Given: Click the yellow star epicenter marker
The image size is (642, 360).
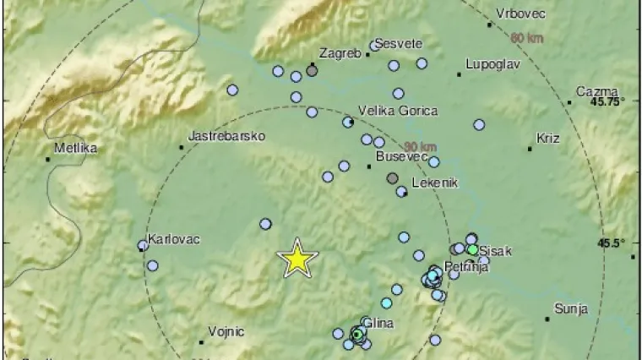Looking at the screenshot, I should (x=297, y=259).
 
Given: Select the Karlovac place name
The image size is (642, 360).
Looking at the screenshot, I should (x=173, y=239).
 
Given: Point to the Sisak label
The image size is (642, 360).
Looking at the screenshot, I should (x=495, y=250).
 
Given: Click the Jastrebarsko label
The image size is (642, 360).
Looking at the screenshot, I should (x=226, y=135).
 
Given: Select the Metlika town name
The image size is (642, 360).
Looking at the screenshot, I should (x=74, y=148).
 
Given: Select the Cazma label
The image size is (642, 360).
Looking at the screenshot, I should (x=596, y=91).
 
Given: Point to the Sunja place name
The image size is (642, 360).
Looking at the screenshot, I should (x=570, y=309).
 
